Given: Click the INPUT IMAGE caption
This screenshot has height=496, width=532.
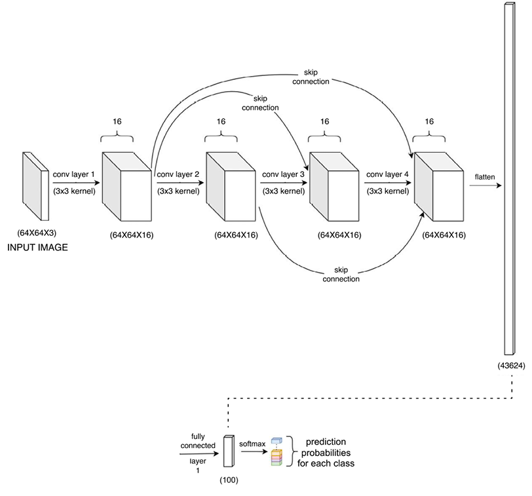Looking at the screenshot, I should (37, 248).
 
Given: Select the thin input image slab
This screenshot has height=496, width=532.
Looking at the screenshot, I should (36, 186).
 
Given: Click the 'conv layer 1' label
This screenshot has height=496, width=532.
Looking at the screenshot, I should (74, 175).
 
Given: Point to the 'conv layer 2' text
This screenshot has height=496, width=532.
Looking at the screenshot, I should (178, 175).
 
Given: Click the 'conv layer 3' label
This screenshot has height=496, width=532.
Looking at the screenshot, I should (283, 175).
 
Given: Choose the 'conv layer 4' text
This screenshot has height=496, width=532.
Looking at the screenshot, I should (387, 175).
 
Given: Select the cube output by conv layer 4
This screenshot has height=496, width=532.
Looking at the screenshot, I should (440, 187).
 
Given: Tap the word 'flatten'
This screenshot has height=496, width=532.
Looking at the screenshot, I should (485, 176).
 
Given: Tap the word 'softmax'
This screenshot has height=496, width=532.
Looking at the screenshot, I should (253, 444).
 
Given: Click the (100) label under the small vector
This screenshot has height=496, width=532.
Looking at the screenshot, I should (229, 480).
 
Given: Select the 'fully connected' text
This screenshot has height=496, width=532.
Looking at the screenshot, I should (203, 440).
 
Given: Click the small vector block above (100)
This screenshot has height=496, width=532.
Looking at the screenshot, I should (229, 452).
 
